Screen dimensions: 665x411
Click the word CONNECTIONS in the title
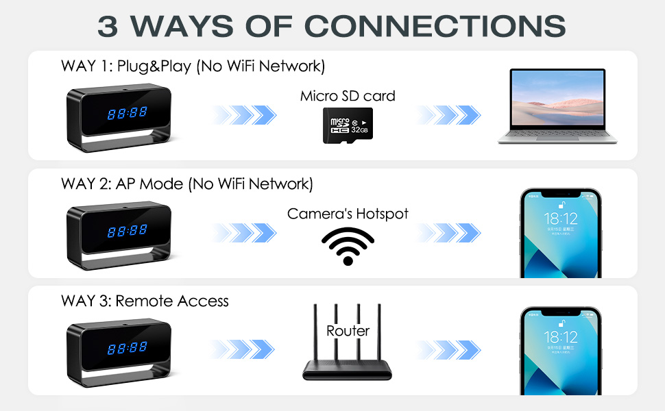click(x=435, y=26)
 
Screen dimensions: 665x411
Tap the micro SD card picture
click(x=348, y=125)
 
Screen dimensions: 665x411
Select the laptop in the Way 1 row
click(x=557, y=106)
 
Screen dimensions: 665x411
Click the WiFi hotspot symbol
click(x=348, y=246)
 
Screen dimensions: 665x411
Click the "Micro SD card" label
click(x=348, y=96)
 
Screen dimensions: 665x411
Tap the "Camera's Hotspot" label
click(x=348, y=214)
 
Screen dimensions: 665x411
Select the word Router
click(x=348, y=331)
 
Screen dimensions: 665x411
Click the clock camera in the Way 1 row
click(x=119, y=118)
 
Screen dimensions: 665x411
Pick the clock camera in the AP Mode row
click(x=119, y=236)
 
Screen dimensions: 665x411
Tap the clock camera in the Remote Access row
click(x=119, y=353)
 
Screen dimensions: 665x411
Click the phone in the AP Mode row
click(x=561, y=233)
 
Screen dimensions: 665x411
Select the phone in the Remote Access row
click(x=561, y=351)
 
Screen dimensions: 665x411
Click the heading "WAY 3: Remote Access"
click(x=145, y=301)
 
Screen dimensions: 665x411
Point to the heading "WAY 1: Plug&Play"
click(x=126, y=66)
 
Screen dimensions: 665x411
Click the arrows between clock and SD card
click(x=244, y=115)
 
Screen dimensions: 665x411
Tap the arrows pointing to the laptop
click(x=448, y=115)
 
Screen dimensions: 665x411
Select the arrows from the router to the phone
click(x=448, y=350)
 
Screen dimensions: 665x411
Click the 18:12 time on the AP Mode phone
click(x=561, y=219)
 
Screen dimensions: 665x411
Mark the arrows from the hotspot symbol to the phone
click(x=448, y=233)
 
